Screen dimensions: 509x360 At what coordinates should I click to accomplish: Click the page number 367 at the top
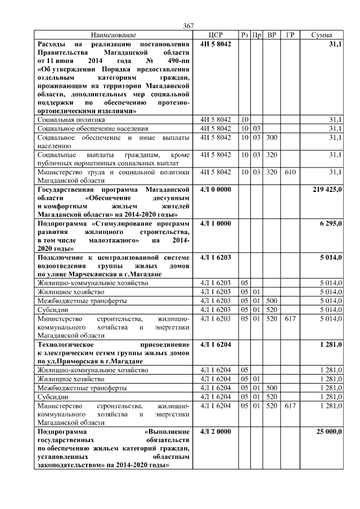click(188, 26)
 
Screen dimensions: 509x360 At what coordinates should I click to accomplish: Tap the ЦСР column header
click(216, 35)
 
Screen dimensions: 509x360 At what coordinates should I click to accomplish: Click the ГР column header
click(290, 35)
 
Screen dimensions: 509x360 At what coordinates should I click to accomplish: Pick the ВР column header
click(272, 35)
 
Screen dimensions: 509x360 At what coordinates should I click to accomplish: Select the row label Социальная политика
click(71, 120)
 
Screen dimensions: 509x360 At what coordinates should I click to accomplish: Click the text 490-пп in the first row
click(179, 61)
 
